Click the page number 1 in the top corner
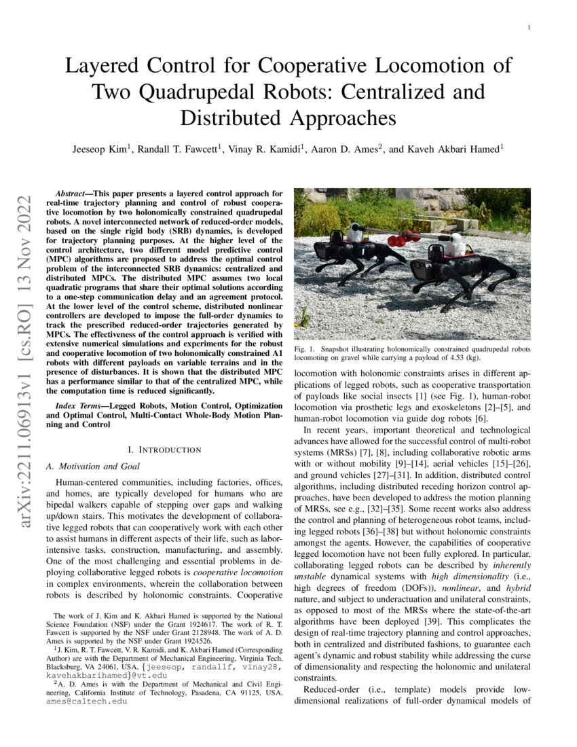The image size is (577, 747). (528, 27)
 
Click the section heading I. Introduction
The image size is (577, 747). (164, 450)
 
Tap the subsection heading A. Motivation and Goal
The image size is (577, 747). (92, 467)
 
